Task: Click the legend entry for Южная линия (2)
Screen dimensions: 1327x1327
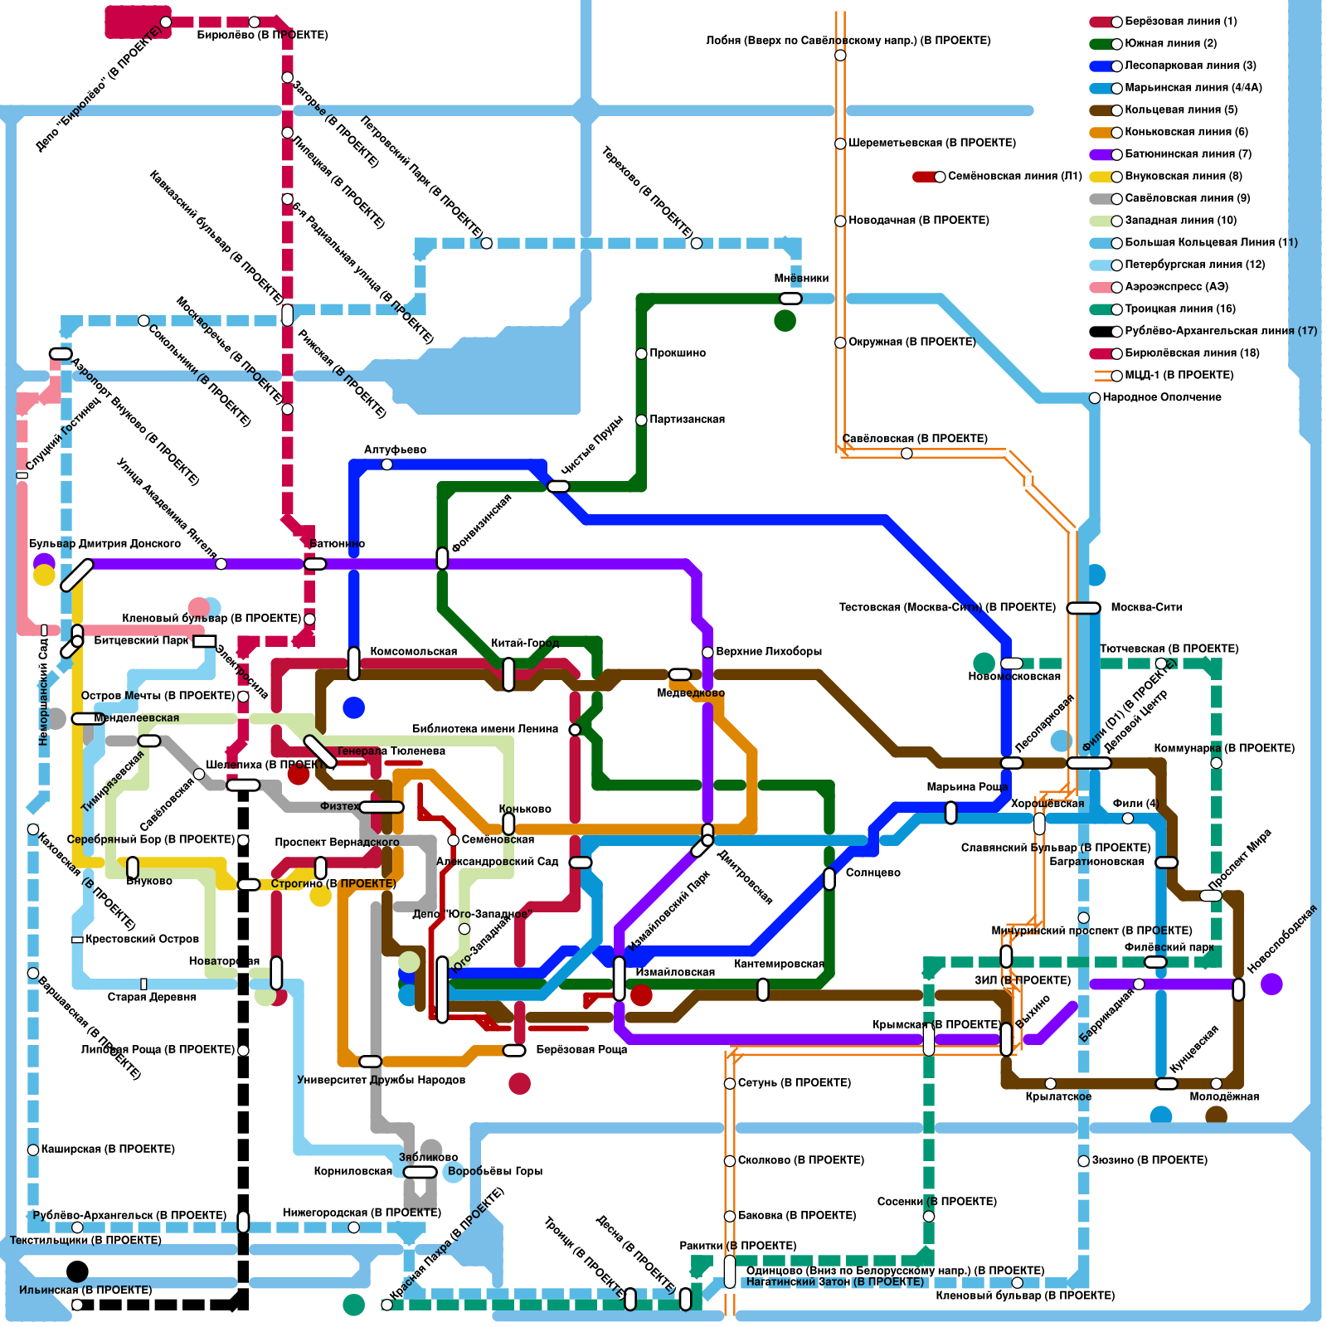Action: pos(1170,43)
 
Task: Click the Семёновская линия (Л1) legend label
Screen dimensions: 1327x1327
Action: pos(1014,177)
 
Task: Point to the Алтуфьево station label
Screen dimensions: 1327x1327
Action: pos(395,450)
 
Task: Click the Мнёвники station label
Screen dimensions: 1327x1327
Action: pos(801,279)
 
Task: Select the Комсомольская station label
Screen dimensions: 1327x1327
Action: pos(413,652)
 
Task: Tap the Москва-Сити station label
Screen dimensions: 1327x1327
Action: pos(1146,608)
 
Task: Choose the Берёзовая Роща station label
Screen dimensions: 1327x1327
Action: pos(581,1050)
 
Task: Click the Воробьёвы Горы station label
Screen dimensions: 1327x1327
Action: pos(494,1172)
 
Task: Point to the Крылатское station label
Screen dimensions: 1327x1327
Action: pos(1058,1097)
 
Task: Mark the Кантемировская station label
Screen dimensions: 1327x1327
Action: pos(779,965)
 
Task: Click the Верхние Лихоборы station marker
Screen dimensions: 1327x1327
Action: pos(707,653)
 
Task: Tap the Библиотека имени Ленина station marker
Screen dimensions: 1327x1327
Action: pos(575,730)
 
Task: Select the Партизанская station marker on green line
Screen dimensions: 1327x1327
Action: pos(641,420)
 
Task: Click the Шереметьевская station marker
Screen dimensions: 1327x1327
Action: pos(840,143)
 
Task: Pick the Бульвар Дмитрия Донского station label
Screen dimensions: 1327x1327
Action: pos(105,544)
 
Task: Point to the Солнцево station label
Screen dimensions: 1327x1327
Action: pos(873,873)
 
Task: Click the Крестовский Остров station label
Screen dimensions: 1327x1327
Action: pos(142,940)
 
